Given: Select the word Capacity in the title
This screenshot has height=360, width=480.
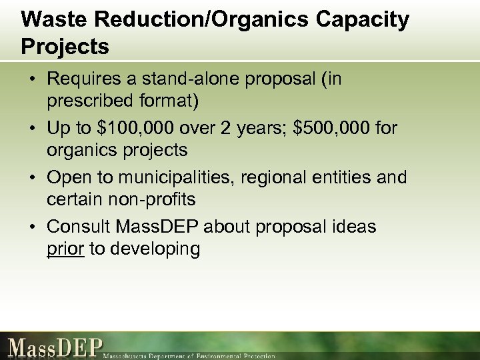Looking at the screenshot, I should [x=363, y=19].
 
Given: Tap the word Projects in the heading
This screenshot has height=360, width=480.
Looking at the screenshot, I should [x=65, y=47].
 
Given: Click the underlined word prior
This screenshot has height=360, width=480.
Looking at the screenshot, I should [x=65, y=249].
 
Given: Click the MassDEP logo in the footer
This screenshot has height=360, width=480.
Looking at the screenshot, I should [x=56, y=347].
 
